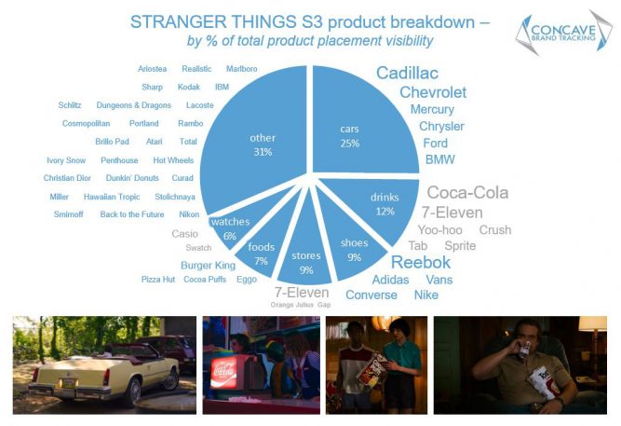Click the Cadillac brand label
pos(407,74)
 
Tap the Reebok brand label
pos(420,262)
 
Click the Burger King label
pos(208,265)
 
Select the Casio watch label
pos(185,233)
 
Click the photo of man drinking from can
pos(520,364)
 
